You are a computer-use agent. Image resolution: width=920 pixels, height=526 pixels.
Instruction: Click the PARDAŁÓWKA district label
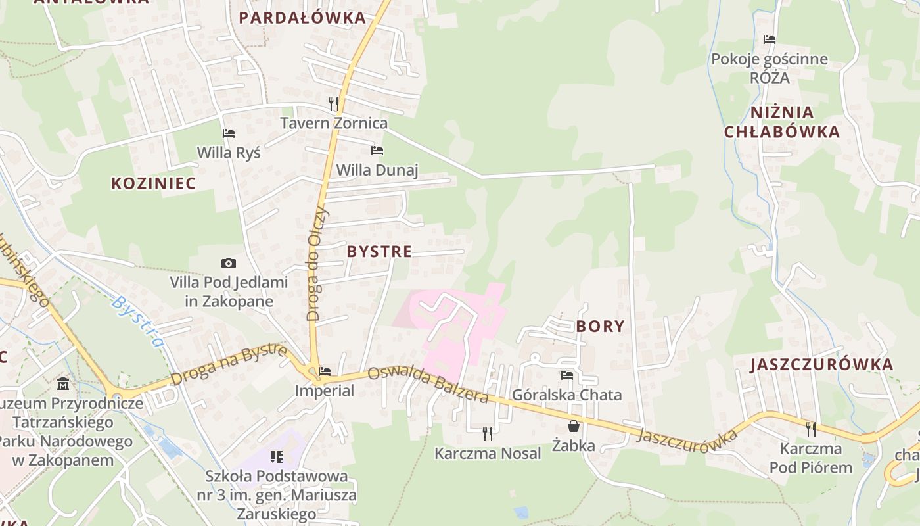tap(302, 18)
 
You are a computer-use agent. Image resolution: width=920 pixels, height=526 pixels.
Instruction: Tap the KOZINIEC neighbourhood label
tap(153, 183)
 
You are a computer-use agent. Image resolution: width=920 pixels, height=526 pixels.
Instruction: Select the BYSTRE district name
tap(379, 251)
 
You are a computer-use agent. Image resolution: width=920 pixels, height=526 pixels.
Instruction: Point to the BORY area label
tap(600, 326)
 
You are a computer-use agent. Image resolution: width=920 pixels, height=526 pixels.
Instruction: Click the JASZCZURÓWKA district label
tap(822, 364)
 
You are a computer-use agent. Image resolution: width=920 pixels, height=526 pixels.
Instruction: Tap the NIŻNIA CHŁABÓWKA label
tap(782, 122)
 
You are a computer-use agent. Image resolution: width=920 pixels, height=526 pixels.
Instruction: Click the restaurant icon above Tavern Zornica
tap(334, 103)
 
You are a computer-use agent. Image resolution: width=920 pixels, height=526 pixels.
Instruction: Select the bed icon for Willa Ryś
tap(229, 133)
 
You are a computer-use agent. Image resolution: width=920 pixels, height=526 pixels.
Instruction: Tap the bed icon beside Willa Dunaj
tap(377, 151)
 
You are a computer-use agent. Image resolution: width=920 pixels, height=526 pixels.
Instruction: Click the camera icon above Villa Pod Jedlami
tap(229, 264)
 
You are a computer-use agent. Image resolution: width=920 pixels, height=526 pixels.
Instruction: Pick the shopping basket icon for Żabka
tap(574, 426)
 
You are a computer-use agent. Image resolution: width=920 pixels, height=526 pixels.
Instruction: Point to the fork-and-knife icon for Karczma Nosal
tap(488, 433)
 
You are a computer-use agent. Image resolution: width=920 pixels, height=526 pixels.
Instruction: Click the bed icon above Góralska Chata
tap(567, 375)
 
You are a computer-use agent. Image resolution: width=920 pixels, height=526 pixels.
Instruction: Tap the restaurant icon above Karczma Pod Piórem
tap(811, 429)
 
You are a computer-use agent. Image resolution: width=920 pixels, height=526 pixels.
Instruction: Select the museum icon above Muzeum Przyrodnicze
tap(63, 383)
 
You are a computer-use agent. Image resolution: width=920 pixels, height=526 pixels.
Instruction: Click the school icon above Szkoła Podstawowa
tap(277, 456)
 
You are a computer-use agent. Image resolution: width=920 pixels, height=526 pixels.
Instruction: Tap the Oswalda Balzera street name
tap(428, 384)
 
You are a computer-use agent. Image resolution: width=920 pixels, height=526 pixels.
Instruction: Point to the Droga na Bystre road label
tap(229, 364)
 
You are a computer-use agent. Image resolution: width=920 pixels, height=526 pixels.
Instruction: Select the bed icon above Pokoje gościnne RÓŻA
tap(770, 39)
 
